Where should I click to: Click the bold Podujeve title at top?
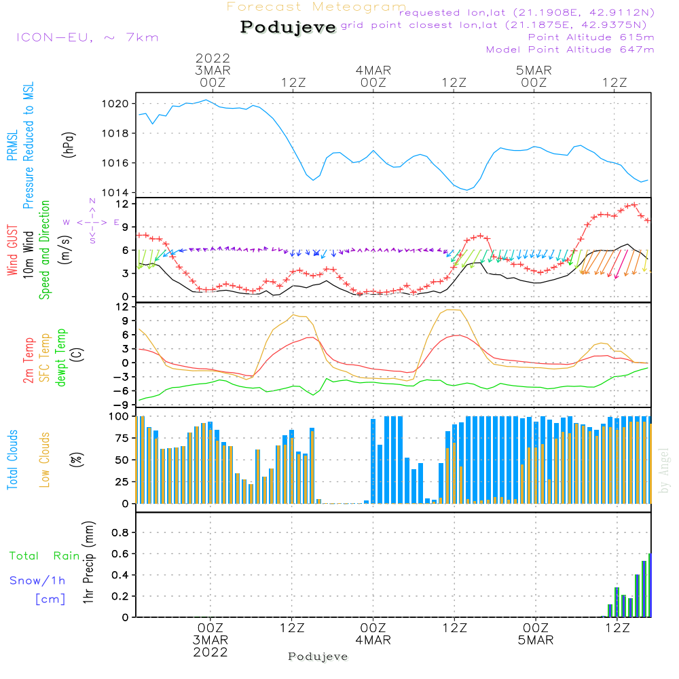pos(289,27)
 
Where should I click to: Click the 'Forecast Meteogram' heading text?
pos(316,7)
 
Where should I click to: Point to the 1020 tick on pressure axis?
pos(115,104)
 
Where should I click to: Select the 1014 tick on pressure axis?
pos(115,192)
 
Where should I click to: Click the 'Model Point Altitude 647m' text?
pos(570,50)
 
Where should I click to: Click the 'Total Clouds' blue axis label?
pos(12,460)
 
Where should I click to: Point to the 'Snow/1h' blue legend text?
pos(38,581)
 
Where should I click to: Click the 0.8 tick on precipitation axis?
pos(120,533)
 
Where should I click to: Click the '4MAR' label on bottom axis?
pos(373,640)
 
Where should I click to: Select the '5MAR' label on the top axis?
pos(534,70)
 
